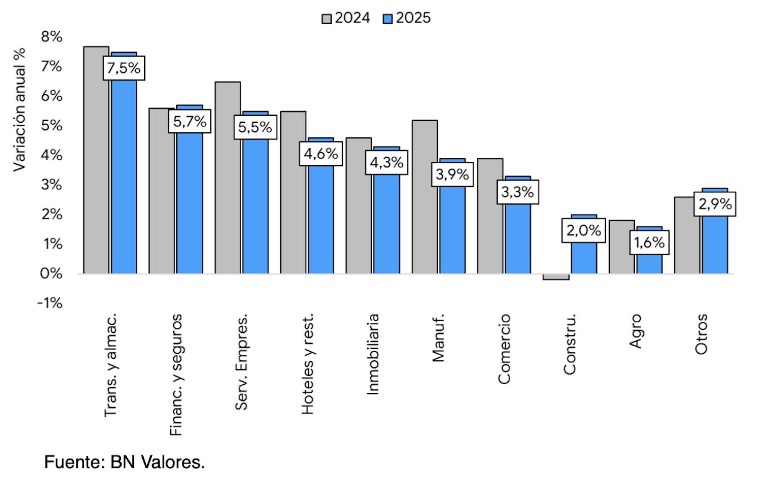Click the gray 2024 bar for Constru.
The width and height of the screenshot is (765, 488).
pyautogui.click(x=556, y=277)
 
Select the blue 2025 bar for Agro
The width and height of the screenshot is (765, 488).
pyautogui.click(x=649, y=264)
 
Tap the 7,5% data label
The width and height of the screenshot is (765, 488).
pyautogui.click(x=124, y=68)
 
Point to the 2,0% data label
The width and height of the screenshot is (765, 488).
pyautogui.click(x=583, y=231)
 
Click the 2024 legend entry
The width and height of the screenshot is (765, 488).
pyautogui.click(x=346, y=18)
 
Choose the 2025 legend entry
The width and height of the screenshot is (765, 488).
pyautogui.click(x=407, y=18)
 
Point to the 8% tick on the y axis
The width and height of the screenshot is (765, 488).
pyautogui.click(x=52, y=37)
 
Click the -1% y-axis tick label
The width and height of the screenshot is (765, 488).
pyautogui.click(x=50, y=303)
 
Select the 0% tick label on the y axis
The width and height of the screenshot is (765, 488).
pyautogui.click(x=51, y=273)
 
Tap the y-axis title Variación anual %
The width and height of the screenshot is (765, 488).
pyautogui.click(x=19, y=110)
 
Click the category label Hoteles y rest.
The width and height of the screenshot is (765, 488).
pyautogui.click(x=308, y=364)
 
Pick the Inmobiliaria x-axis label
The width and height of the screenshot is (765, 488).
pyautogui.click(x=373, y=354)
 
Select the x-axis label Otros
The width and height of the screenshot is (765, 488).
pyautogui.click(x=701, y=334)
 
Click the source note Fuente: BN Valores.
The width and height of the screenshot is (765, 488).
pyautogui.click(x=124, y=462)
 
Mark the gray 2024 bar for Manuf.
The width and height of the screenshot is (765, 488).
pyautogui.click(x=425, y=197)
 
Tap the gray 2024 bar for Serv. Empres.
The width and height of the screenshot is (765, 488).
pyautogui.click(x=228, y=178)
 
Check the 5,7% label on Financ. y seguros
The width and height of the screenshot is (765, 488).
pyautogui.click(x=190, y=122)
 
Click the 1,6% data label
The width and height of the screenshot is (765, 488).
pyautogui.click(x=649, y=242)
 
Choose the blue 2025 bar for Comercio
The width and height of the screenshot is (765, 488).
pyautogui.click(x=518, y=239)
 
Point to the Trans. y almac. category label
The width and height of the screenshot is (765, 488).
pyautogui.click(x=111, y=365)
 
